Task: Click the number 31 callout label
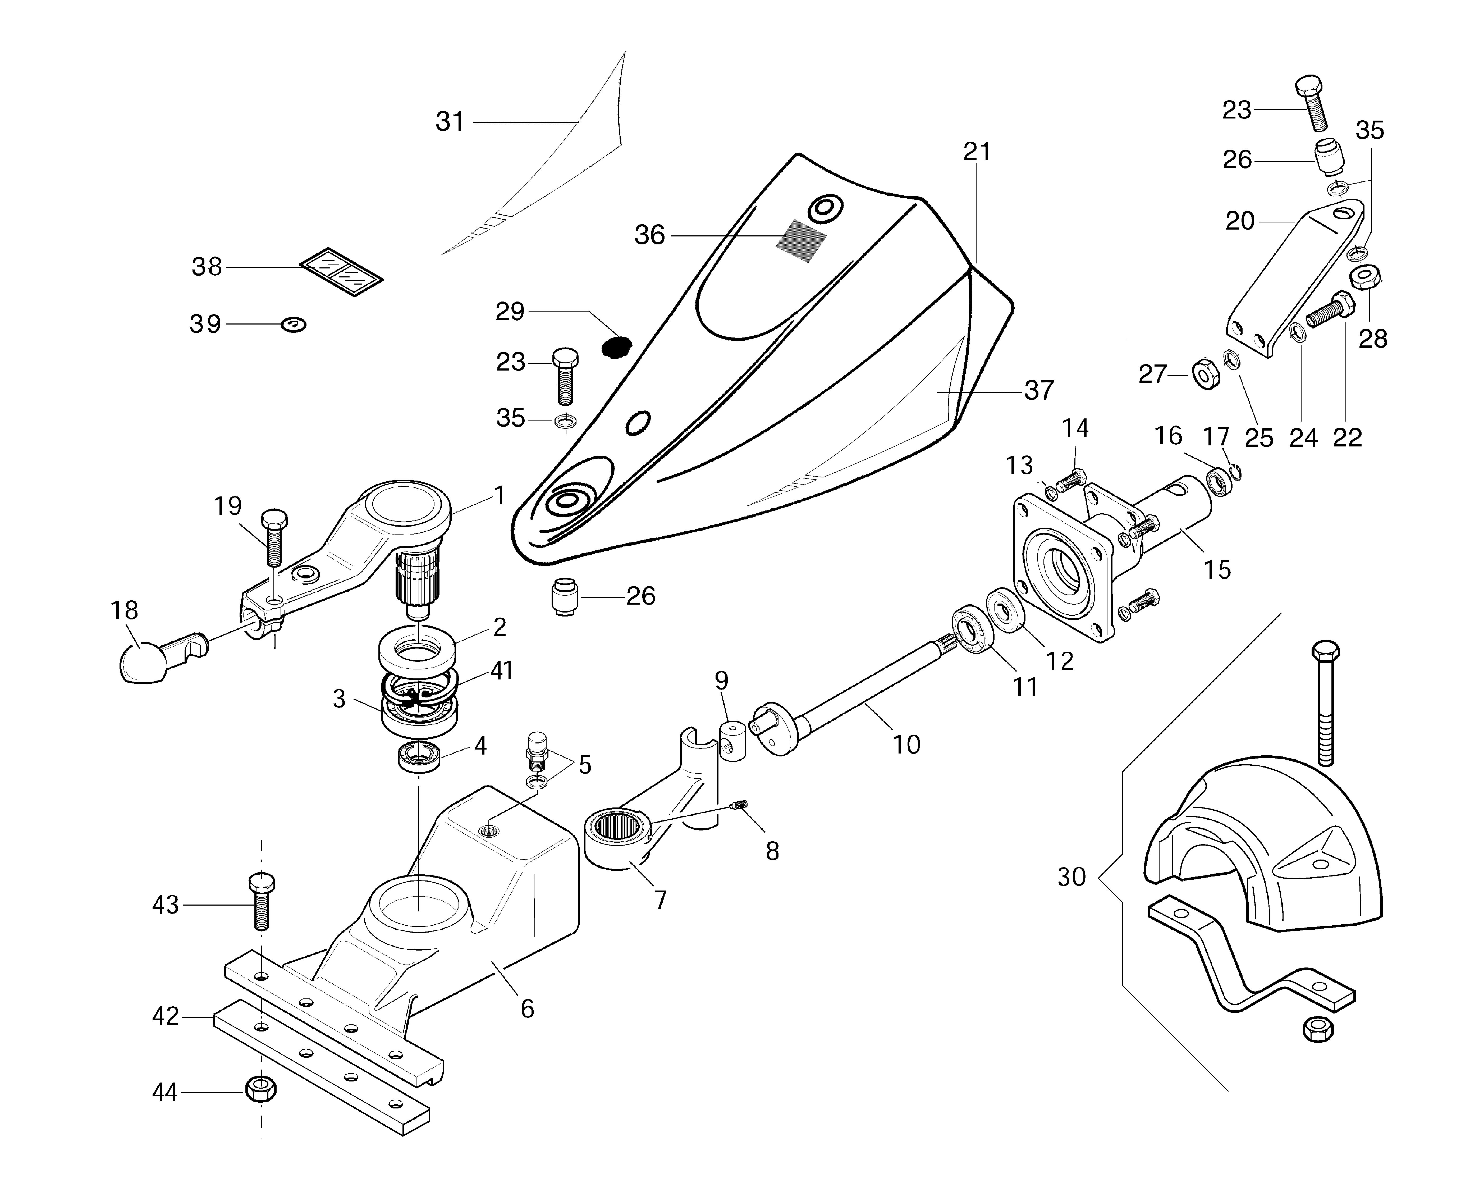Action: coord(450,122)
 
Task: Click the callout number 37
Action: coord(1039,390)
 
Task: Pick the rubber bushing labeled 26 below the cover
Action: coord(564,597)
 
